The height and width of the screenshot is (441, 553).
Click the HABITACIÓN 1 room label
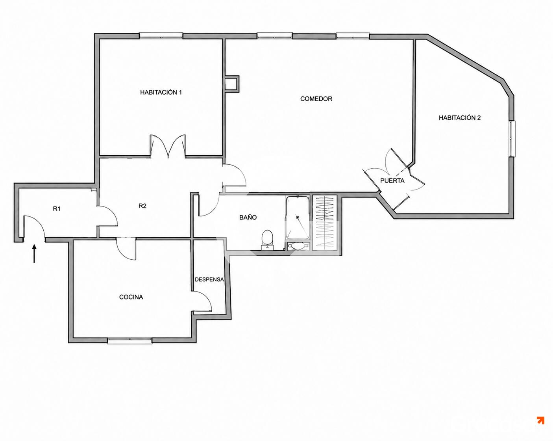161,92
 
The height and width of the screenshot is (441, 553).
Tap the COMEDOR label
316,99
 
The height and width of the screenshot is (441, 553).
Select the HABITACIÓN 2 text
459,118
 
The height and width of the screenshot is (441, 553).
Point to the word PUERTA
392,181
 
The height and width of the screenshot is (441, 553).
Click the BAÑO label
248,217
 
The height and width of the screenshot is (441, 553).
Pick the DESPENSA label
209,279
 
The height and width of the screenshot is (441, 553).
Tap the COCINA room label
131,297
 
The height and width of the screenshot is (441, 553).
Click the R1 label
57,208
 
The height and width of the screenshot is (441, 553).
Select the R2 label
142,206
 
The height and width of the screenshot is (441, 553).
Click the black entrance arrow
34,254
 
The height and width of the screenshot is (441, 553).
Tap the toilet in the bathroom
267,240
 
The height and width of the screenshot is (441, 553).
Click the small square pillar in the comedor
232,84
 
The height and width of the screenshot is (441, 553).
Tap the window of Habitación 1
161,35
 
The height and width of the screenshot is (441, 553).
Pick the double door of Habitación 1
168,146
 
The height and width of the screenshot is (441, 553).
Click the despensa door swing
202,301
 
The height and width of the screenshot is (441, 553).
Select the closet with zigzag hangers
324,223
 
